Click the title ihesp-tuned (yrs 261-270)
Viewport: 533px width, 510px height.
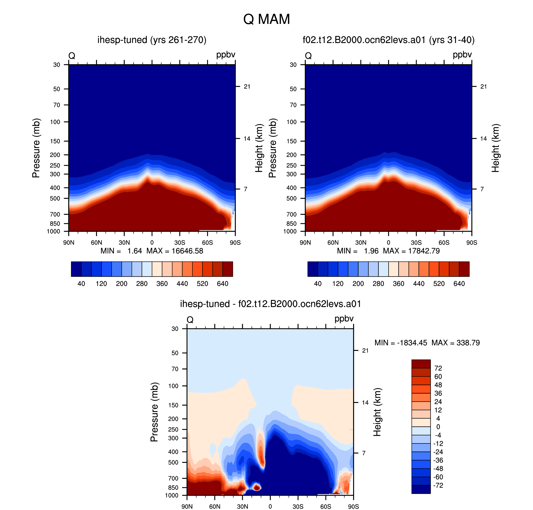[152, 40]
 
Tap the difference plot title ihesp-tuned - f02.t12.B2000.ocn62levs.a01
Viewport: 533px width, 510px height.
[270, 304]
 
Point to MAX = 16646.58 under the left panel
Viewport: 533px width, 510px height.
[175, 251]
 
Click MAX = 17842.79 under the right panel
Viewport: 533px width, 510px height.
[411, 251]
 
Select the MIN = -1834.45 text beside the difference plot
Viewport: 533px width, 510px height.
[401, 343]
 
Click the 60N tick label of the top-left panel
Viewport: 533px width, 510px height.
[96, 242]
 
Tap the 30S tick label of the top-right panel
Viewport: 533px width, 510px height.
[416, 242]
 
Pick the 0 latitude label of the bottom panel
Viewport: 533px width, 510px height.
[270, 506]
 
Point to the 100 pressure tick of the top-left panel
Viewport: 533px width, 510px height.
[55, 122]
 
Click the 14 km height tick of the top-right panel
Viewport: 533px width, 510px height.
[483, 139]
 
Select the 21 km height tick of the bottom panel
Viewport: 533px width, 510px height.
[365, 350]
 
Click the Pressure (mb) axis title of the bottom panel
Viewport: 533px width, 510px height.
[154, 412]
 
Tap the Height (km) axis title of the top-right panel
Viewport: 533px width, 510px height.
[496, 148]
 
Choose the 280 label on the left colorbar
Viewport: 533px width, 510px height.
[142, 284]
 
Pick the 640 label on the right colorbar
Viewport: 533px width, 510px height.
[459, 284]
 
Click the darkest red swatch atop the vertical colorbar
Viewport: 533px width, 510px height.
[421, 364]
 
